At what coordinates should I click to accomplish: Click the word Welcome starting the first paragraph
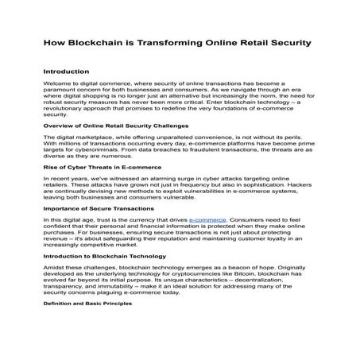pyautogui.click(x=58, y=82)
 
